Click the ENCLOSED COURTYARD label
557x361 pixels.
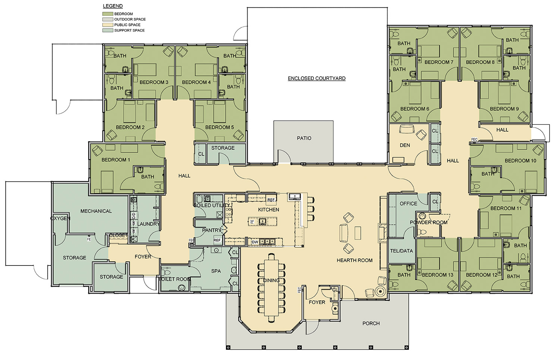click(x=316, y=78)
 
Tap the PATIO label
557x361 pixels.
click(x=304, y=138)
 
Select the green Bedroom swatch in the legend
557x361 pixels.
click(x=108, y=14)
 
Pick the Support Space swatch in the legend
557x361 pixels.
click(x=108, y=30)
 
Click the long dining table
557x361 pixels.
click(x=271, y=287)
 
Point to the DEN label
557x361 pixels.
click(x=405, y=145)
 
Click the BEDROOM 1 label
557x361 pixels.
click(x=116, y=160)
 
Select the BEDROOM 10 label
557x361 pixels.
click(x=521, y=161)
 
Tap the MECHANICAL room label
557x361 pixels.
click(x=96, y=211)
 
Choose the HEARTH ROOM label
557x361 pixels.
click(x=354, y=261)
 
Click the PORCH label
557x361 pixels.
click(x=371, y=323)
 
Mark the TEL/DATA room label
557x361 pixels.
click(x=401, y=251)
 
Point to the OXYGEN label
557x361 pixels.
click(x=60, y=219)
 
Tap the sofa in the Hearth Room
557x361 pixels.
click(x=344, y=233)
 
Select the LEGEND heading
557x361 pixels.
click(x=113, y=6)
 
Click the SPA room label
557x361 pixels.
click(x=216, y=271)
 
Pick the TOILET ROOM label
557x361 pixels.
click(x=175, y=279)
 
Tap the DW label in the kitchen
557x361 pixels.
click(x=255, y=242)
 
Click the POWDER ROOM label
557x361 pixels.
click(x=429, y=222)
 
